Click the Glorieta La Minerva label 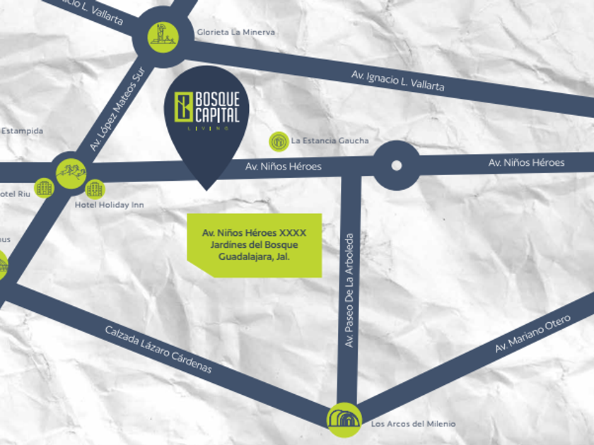point(235,32)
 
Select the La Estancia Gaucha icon point(279,141)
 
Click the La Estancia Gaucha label point(330,141)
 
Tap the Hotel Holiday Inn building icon point(95,188)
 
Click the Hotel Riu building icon point(45,187)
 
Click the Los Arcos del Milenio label point(413,424)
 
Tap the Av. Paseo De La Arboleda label point(349,290)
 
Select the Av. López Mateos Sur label point(117,109)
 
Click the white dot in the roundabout point(396,165)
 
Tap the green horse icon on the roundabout point(71,171)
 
